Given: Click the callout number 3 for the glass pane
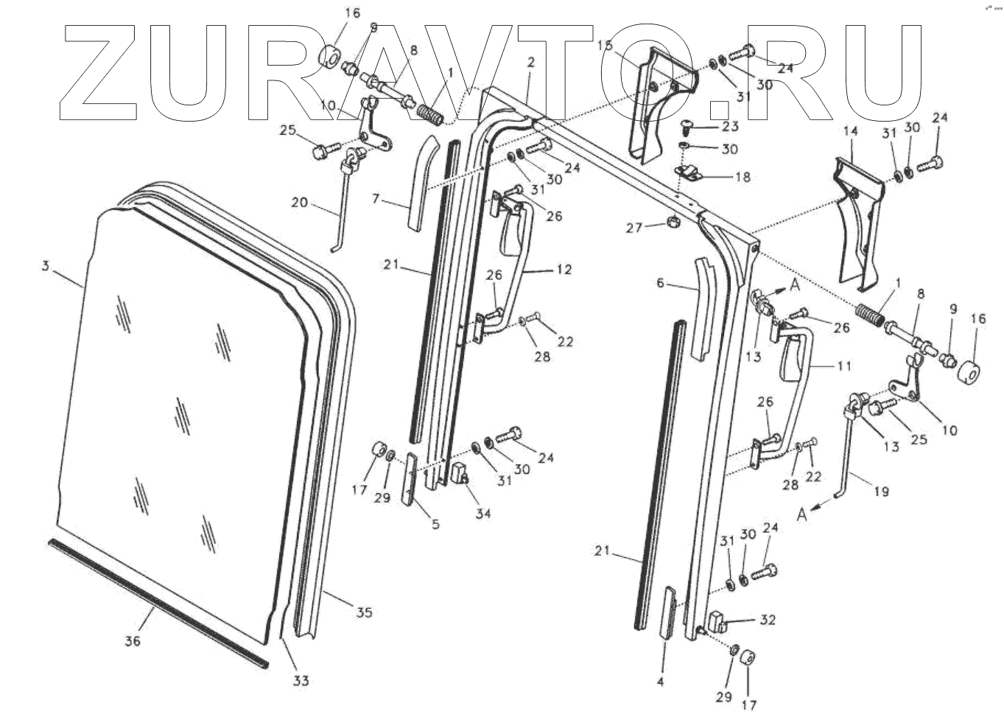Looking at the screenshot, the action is (45, 268).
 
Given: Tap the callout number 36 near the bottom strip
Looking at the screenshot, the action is (133, 641).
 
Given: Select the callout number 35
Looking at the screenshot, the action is (365, 612).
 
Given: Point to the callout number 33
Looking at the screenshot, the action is (301, 681).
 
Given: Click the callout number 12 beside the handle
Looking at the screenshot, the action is (564, 270).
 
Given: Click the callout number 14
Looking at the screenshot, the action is (851, 131).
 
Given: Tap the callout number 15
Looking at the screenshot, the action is (605, 46).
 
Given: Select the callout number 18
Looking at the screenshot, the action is (743, 177).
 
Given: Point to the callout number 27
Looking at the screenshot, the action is (635, 228).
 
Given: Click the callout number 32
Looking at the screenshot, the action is (768, 620).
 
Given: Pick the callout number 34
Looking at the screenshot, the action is (482, 513).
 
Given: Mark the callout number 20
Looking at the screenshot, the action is (300, 203).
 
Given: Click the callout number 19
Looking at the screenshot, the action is (882, 490).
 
